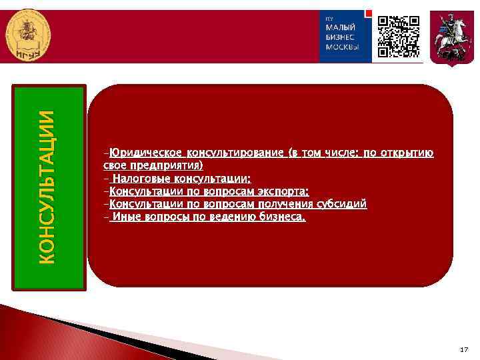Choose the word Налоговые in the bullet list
tap(141, 179)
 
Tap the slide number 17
tap(465, 349)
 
